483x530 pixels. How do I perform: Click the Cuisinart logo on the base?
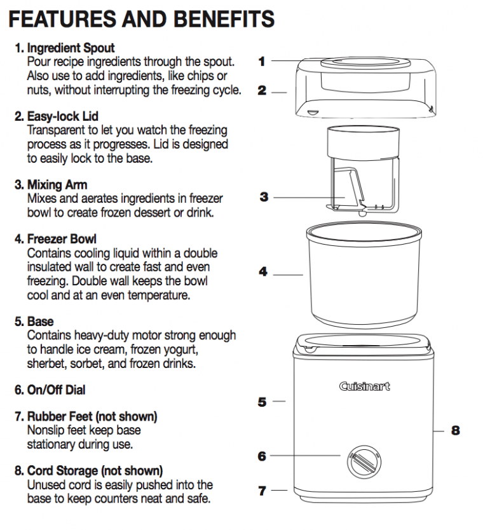point(364,386)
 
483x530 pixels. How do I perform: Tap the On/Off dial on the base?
point(362,459)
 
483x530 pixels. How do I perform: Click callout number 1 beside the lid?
point(262,61)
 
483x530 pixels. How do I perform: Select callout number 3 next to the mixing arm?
point(264,197)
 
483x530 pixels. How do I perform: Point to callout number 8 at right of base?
point(455,431)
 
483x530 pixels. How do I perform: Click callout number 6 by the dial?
point(262,456)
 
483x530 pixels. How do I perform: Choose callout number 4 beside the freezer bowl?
point(262,272)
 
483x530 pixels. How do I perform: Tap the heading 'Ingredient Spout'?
point(71,48)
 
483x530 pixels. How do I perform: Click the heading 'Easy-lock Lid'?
point(62,116)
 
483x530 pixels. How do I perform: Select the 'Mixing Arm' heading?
point(57,185)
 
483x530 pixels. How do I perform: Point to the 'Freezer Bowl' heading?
point(62,239)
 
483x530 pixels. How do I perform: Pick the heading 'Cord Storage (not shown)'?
point(95,471)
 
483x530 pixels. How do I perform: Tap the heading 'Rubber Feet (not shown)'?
point(92,416)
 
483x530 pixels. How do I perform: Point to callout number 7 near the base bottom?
point(262,491)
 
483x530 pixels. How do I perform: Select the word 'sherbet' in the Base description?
point(46,364)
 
